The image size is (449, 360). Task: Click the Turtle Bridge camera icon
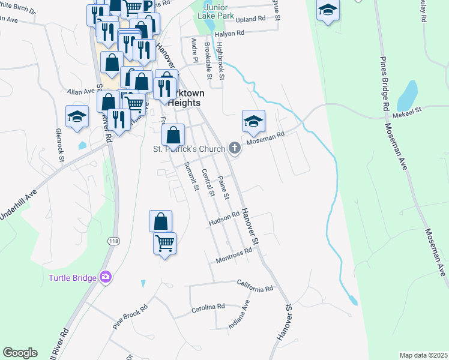pyautogui.click(x=106, y=277)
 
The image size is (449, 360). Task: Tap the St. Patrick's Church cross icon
pyautogui.click(x=234, y=148)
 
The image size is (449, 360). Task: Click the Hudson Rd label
pyautogui.click(x=224, y=221)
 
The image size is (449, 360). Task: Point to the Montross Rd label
pyautogui.click(x=233, y=257)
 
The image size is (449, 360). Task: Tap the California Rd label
pyautogui.click(x=255, y=286)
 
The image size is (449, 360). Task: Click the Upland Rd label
pyautogui.click(x=251, y=19)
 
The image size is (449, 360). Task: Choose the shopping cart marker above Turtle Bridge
pyautogui.click(x=164, y=243)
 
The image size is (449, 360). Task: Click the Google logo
pyautogui.click(x=20, y=353)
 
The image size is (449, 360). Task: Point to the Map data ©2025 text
pyautogui.click(x=423, y=355)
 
